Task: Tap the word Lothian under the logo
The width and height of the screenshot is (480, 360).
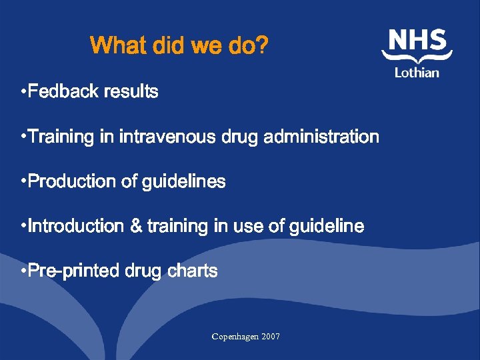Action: pyautogui.click(x=417, y=72)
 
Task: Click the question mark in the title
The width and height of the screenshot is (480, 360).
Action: pyautogui.click(x=263, y=46)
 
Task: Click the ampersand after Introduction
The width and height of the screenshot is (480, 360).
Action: pyautogui.click(x=136, y=227)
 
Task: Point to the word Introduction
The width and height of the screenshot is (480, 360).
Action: pyautogui.click(x=77, y=227)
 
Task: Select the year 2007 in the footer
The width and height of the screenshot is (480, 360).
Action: pyautogui.click(x=271, y=337)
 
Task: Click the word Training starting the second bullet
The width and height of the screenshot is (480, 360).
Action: pyautogui.click(x=61, y=137)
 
